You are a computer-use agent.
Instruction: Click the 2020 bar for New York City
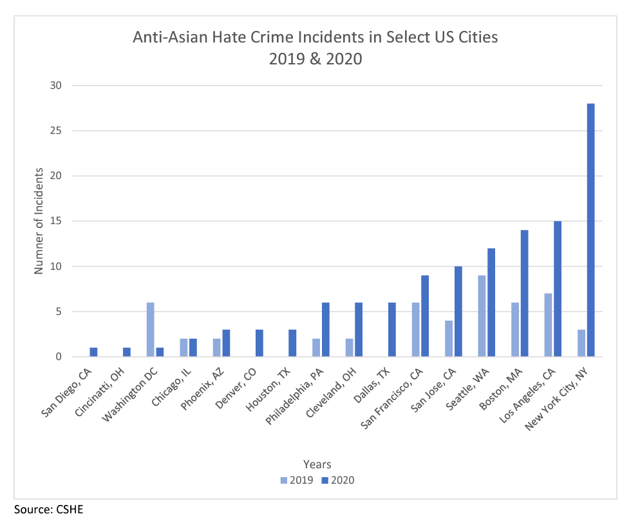tap(591, 230)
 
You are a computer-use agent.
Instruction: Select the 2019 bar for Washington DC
tap(150, 329)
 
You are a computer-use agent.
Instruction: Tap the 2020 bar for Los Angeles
tap(558, 289)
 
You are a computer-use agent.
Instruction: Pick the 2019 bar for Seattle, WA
tap(482, 316)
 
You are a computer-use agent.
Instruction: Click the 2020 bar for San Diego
tap(93, 352)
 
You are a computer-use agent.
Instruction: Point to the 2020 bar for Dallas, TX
tap(392, 329)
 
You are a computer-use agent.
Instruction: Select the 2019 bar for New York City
tap(581, 343)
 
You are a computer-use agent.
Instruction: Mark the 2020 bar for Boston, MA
tap(524, 293)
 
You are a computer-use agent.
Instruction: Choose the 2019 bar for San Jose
tap(449, 339)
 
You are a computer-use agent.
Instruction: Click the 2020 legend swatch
tap(325, 480)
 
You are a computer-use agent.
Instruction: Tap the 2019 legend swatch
tap(284, 480)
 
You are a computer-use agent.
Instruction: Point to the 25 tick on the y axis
tap(56, 131)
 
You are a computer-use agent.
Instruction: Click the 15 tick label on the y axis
tap(56, 221)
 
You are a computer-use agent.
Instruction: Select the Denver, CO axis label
tap(236, 388)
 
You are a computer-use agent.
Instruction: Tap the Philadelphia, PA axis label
tap(294, 397)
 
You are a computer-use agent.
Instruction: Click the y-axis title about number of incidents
tap(39, 221)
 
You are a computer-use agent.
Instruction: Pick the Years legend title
tap(317, 464)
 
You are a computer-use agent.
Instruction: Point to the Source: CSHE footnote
tap(49, 509)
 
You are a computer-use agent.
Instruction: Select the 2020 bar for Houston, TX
tap(292, 343)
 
